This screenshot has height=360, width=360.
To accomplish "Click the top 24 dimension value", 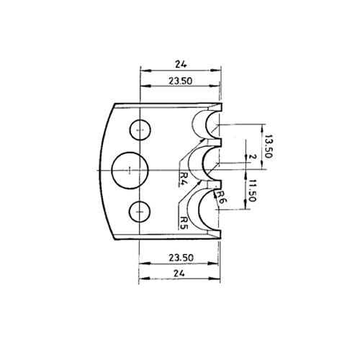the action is click(x=181, y=64).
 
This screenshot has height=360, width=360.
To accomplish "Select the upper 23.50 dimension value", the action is click(x=181, y=81).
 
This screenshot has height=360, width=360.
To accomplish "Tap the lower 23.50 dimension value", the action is click(x=181, y=258).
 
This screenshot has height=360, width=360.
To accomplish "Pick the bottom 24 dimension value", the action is click(x=179, y=273).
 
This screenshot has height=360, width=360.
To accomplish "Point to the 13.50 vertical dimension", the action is click(x=268, y=146).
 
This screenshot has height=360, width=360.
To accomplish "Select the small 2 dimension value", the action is click(x=252, y=157).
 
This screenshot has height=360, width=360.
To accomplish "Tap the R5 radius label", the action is click(x=184, y=223).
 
